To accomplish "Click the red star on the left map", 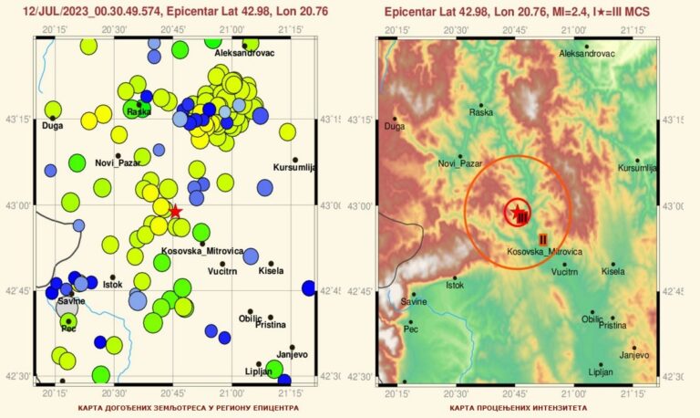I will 176,211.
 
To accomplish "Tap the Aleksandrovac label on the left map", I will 244,54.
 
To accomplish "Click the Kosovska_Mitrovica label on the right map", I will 544,251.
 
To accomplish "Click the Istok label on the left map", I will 112,285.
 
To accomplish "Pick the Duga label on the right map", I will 394,127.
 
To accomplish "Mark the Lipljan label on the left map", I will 259,371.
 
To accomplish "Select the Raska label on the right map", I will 480,112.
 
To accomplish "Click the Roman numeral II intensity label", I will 542,238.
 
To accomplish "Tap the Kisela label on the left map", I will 271,271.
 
